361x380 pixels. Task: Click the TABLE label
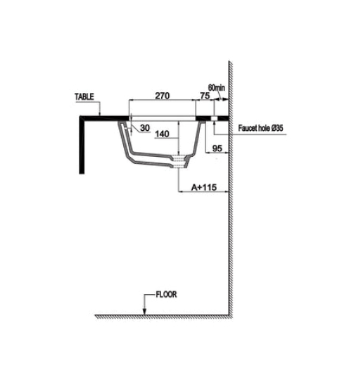point(84,96)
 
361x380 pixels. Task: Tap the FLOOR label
point(166,294)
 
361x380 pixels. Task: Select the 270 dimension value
point(162,96)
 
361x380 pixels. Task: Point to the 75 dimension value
point(205,96)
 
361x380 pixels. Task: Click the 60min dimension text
point(216,88)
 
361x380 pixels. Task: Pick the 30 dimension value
point(145,127)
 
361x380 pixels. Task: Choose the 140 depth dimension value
point(162,134)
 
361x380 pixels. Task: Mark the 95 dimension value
point(217,148)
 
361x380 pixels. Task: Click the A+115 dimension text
point(204,187)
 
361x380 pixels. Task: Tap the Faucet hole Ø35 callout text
point(260,128)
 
